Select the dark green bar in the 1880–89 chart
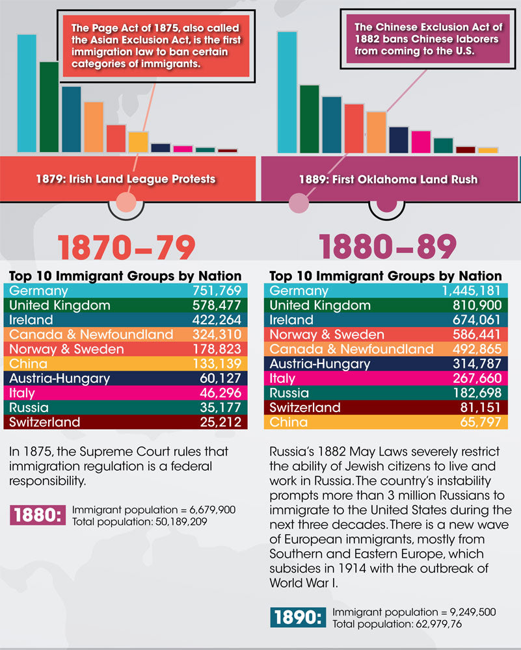pyautogui.click(x=309, y=119)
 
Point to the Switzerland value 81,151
pyautogui.click(x=482, y=408)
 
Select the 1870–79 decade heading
pyautogui.click(x=127, y=248)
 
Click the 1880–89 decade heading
pyautogui.click(x=387, y=248)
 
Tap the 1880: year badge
pyautogui.click(x=38, y=515)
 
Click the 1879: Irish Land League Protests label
pyautogui.click(x=127, y=179)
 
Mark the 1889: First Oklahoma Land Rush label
pyautogui.click(x=388, y=179)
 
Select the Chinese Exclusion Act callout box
pyautogui.click(x=427, y=38)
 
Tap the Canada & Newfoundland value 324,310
pyautogui.click(x=217, y=334)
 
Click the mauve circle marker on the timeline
pyautogui.click(x=299, y=203)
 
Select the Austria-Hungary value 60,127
pyautogui.click(x=220, y=378)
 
